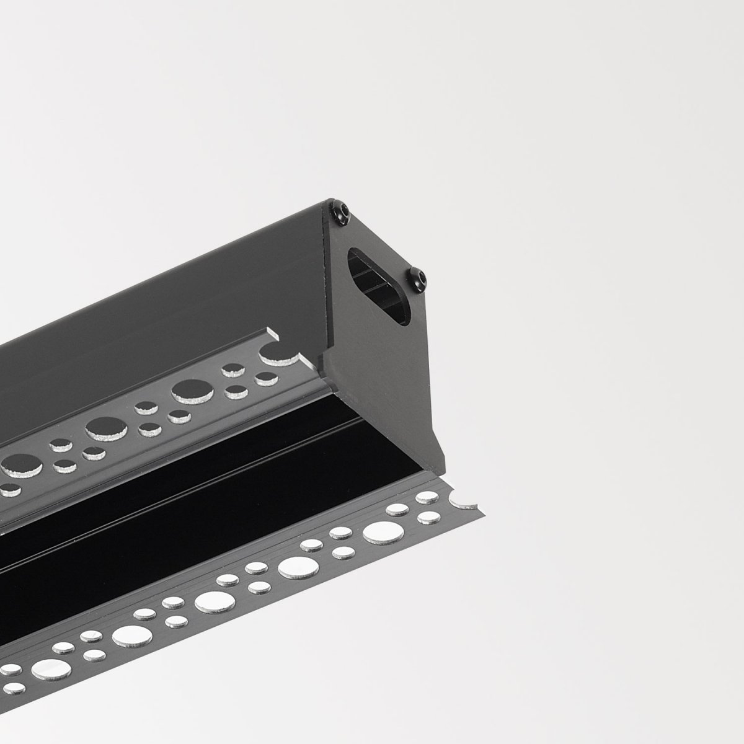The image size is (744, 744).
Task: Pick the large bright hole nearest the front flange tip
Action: pos(379,533)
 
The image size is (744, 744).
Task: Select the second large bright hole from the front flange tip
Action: pos(294,567)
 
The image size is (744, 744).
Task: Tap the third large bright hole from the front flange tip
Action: pos(212,600)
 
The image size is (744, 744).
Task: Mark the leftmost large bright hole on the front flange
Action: pos(46,667)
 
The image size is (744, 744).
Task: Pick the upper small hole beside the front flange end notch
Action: pos(427,497)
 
